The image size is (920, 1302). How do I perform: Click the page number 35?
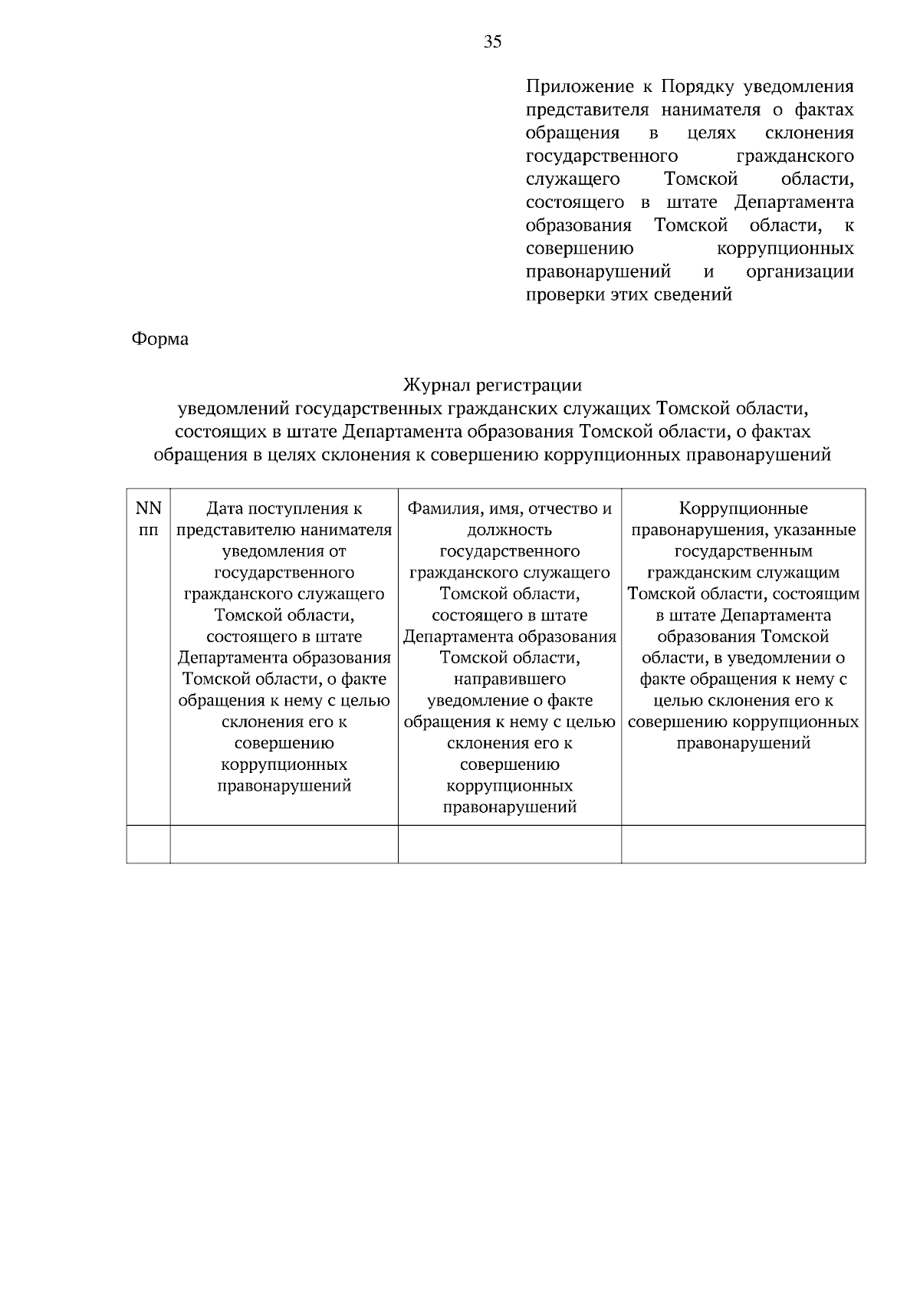coord(493,42)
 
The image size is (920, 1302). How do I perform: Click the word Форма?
coord(160,339)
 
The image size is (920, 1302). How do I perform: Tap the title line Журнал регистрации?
coord(492,385)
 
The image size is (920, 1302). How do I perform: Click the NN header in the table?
coord(148,508)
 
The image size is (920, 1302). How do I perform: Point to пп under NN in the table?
coord(148,529)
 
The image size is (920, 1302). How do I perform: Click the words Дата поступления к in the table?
coord(284,508)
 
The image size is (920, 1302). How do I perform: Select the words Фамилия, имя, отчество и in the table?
coord(509,508)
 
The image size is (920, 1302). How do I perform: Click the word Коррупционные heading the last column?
coord(743,508)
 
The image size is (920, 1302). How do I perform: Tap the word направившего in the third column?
coord(509,679)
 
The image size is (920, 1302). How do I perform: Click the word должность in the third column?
coord(509,529)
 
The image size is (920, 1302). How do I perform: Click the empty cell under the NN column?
coord(148,843)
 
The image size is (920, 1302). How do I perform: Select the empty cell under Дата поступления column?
coord(284,843)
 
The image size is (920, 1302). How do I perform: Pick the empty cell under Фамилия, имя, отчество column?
coord(509,843)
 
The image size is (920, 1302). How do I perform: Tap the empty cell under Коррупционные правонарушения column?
coord(743,843)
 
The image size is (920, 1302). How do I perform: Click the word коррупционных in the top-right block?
coord(784,248)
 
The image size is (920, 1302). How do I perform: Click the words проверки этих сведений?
coord(629,294)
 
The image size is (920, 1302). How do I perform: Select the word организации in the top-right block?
coord(799,271)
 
